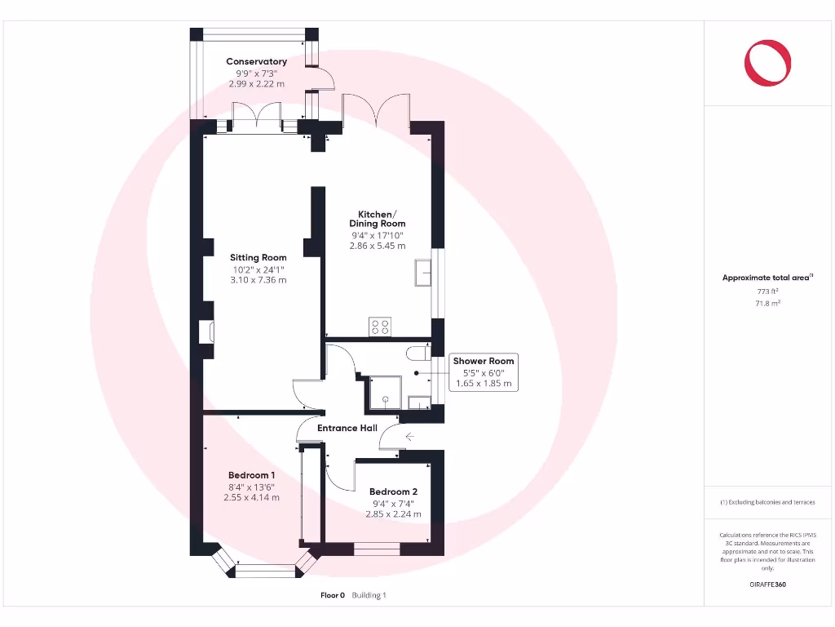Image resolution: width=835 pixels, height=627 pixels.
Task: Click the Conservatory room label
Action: pos(256,61)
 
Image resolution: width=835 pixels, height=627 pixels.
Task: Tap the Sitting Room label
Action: pos(258,257)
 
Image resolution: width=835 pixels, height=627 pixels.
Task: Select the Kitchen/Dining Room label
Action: pos(377,218)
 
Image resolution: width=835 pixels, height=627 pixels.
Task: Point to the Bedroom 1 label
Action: pos(251,475)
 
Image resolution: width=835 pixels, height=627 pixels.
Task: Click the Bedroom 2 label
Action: pos(393,491)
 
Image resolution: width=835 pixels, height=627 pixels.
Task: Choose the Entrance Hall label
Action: pos(347,428)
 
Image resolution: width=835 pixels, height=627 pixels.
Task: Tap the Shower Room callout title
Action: pos(484,361)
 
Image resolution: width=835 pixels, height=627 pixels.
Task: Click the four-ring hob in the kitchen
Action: pos(380,326)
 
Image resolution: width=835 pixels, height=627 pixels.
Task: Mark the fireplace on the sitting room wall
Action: pos(205,332)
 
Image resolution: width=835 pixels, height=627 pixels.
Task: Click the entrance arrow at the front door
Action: pos(409,438)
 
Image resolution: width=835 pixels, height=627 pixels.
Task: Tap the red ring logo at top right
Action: pos(767,63)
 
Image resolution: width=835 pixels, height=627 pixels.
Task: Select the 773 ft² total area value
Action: pos(767,291)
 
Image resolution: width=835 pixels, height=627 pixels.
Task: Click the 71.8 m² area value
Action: pos(767,303)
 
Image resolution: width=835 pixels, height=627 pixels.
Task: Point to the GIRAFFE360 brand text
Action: pos(767,585)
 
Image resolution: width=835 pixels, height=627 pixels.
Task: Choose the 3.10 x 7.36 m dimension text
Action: pos(258,280)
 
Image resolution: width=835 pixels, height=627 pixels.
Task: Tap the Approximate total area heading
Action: pos(767,278)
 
